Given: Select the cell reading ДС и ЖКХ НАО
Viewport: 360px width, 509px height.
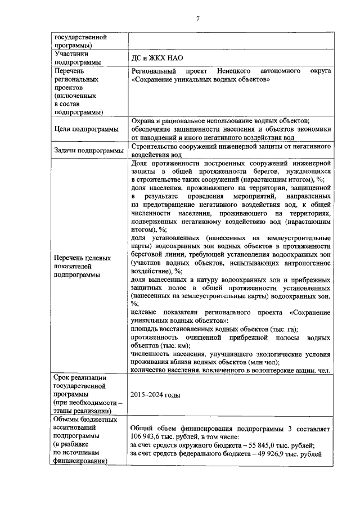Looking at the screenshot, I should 156,58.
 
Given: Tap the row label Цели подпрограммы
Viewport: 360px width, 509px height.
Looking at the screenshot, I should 86,129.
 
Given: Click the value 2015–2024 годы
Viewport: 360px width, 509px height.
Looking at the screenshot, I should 155,395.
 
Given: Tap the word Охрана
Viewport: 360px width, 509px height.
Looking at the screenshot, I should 143,120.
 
